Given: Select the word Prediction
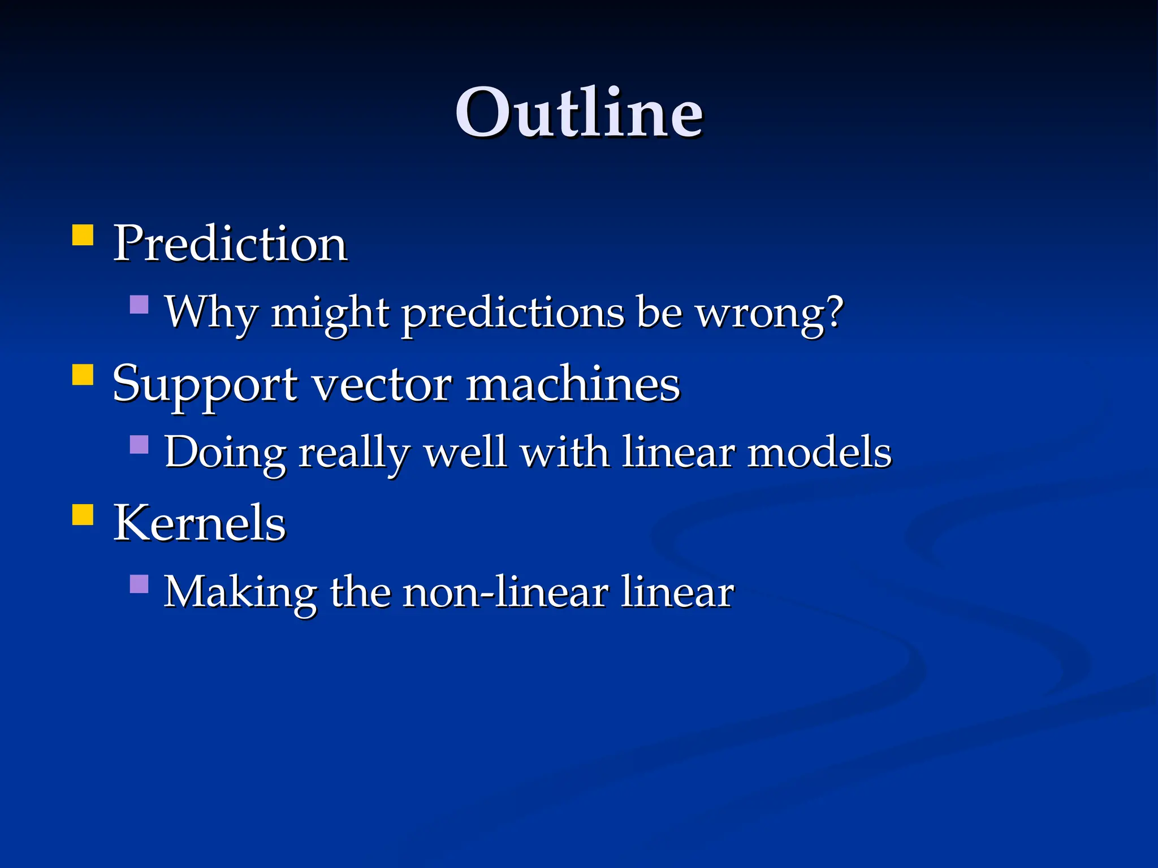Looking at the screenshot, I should tap(230, 244).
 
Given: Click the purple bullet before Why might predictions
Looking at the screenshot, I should tap(139, 305).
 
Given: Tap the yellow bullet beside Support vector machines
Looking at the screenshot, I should tap(83, 374).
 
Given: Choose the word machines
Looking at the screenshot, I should tap(573, 384).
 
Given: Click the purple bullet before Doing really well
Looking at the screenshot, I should tap(139, 445).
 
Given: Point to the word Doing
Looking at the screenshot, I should tap(225, 453).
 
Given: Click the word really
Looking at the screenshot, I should tap(354, 453).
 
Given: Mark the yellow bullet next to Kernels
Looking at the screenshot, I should tap(83, 514).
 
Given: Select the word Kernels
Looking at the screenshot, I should tap(200, 523).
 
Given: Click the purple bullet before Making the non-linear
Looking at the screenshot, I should tap(139, 584).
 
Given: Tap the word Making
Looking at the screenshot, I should tap(240, 592).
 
